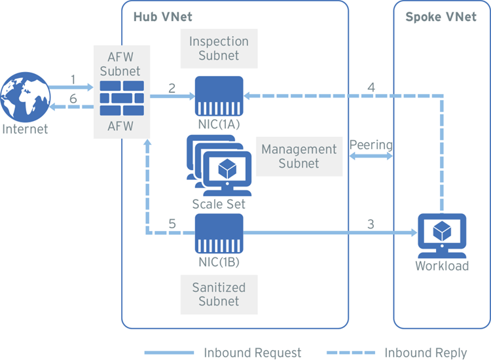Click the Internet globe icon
pyautogui.click(x=25, y=98)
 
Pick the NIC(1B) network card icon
pyautogui.click(x=219, y=234)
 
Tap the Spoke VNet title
pyautogui.click(x=441, y=16)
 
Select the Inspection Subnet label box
pyautogui.click(x=219, y=48)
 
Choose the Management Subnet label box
pyautogui.click(x=299, y=156)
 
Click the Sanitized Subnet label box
pyautogui.click(x=219, y=294)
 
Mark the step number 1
pyautogui.click(x=73, y=79)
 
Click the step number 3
pyautogui.click(x=371, y=224)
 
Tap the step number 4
pyautogui.click(x=371, y=86)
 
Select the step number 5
pyautogui.click(x=172, y=224)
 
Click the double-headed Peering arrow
pyautogui.click(x=371, y=157)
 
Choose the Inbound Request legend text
pyautogui.click(x=253, y=353)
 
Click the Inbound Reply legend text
pyautogui.click(x=426, y=353)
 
